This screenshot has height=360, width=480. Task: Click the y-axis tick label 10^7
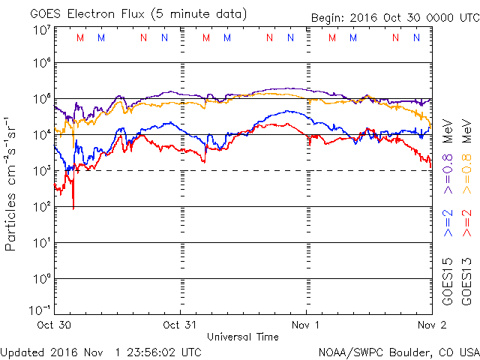pyautogui.click(x=40, y=28)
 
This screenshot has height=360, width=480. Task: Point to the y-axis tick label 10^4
pyautogui.click(x=40, y=135)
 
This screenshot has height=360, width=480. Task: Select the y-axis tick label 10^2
pyautogui.click(x=40, y=206)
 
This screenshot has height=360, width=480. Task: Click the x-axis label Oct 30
pyautogui.click(x=54, y=325)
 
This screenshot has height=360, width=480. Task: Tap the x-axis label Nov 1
pyautogui.click(x=306, y=325)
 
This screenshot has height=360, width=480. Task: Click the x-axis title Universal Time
pyautogui.click(x=242, y=337)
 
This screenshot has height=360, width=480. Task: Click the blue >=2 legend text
pyautogui.click(x=448, y=223)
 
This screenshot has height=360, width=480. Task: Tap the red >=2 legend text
pyautogui.click(x=466, y=223)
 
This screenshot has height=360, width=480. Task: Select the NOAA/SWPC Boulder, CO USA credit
pyautogui.click(x=397, y=352)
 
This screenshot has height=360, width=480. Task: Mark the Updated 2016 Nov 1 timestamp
pyautogui.click(x=100, y=352)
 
